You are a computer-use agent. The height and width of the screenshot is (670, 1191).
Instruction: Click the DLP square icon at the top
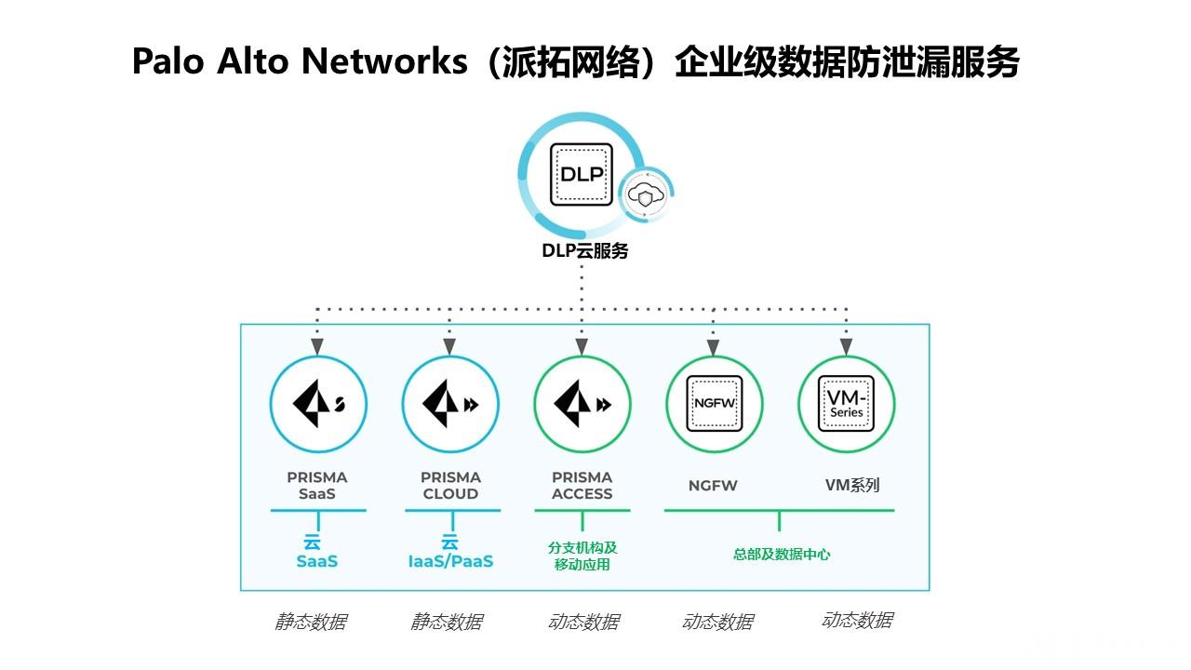pyautogui.click(x=582, y=174)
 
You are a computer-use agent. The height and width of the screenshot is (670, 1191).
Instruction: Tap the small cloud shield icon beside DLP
pyautogui.click(x=646, y=195)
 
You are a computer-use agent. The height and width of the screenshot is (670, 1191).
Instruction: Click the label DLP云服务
pyautogui.click(x=584, y=251)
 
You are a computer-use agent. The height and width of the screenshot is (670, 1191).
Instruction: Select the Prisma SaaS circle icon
pyautogui.click(x=318, y=404)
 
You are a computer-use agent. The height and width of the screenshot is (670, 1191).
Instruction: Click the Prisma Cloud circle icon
pyautogui.click(x=450, y=404)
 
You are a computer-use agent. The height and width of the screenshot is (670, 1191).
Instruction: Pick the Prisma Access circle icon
pyautogui.click(x=582, y=404)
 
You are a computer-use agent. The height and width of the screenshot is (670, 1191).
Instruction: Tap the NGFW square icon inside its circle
pyautogui.click(x=715, y=404)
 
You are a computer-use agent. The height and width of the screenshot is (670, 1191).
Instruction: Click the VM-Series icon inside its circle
pyautogui.click(x=847, y=404)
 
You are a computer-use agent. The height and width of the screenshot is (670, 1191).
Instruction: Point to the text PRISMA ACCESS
pyautogui.click(x=582, y=486)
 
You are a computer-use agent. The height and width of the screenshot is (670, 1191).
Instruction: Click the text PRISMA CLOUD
pyautogui.click(x=450, y=486)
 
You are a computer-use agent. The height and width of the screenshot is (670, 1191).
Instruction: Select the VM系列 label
pyautogui.click(x=851, y=485)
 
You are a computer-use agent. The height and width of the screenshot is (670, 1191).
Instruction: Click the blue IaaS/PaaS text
pyautogui.click(x=450, y=562)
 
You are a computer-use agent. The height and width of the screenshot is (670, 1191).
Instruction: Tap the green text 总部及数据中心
pyautogui.click(x=782, y=555)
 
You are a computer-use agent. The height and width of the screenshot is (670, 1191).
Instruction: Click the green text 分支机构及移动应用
pyautogui.click(x=582, y=556)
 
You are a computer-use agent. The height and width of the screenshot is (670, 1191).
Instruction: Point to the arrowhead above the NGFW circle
pyautogui.click(x=715, y=348)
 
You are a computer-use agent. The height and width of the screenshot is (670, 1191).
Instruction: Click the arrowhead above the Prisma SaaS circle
pyautogui.click(x=317, y=346)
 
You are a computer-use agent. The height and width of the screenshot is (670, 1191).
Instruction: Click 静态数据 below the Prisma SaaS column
pyautogui.click(x=310, y=622)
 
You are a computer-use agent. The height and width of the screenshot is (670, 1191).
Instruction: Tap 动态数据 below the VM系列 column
pyautogui.click(x=857, y=621)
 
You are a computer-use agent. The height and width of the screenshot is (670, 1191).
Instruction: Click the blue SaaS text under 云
pyautogui.click(x=317, y=562)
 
